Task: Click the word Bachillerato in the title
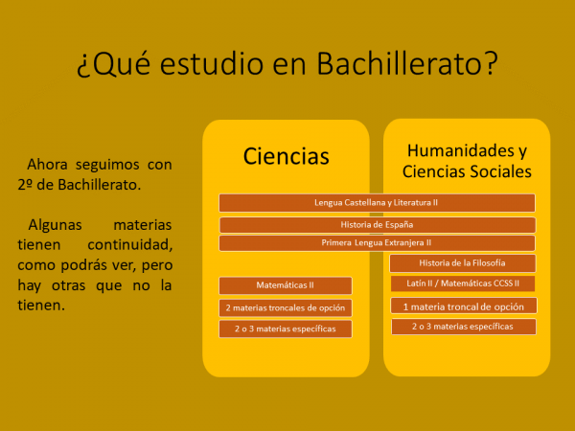[x=402, y=63]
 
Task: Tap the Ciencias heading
[x=286, y=156]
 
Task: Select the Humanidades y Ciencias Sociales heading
[x=467, y=161]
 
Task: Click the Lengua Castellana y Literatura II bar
[x=377, y=203]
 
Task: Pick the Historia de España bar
[x=378, y=225]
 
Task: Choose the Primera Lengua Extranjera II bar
[x=377, y=243]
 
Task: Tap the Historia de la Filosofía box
[x=463, y=263]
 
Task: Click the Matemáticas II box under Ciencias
[x=286, y=285]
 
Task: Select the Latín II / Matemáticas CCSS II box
[x=463, y=284]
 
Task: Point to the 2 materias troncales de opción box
[x=286, y=307]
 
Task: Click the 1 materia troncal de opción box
[x=464, y=306]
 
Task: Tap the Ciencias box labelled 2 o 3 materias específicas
[x=286, y=329]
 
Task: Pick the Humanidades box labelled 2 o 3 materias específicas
[x=464, y=327]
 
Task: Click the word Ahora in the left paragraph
[x=47, y=165]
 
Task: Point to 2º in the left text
[x=25, y=185]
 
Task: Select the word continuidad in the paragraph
[x=129, y=245]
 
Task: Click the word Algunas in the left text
[x=55, y=225]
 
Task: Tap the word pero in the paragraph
[x=157, y=265]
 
